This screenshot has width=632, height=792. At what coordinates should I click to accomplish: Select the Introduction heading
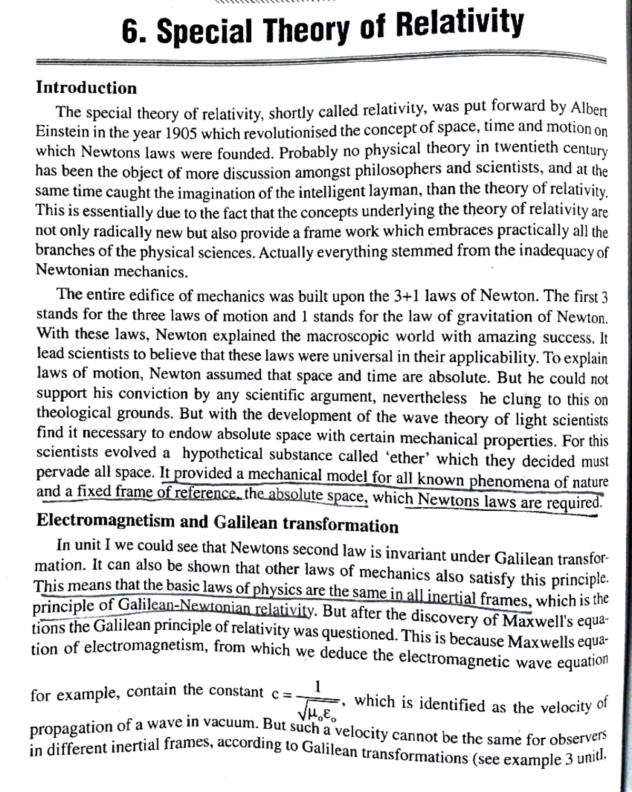pyautogui.click(x=86, y=87)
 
